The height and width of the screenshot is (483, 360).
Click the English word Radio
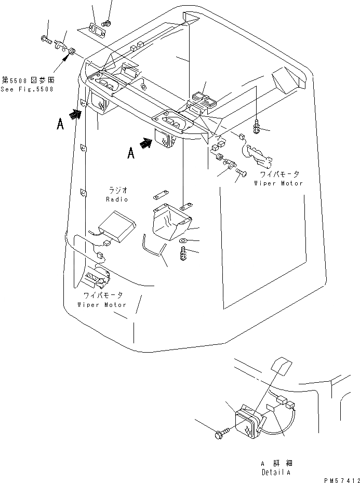tap(116, 199)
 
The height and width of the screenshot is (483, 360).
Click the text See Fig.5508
tap(27, 89)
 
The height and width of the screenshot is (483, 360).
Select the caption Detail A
tap(276, 473)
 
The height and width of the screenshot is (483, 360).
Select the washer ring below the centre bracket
tap(182, 242)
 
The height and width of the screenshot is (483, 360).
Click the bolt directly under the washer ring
tap(183, 254)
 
